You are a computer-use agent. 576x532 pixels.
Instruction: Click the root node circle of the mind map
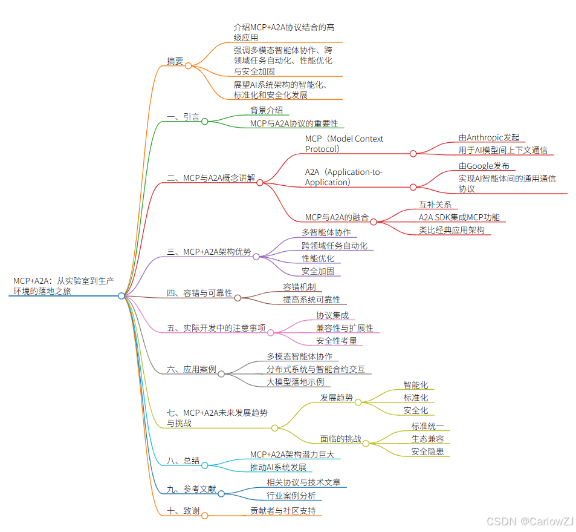(x=121, y=296)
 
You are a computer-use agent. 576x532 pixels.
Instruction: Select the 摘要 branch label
(x=175, y=61)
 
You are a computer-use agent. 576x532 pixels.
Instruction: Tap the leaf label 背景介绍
(x=267, y=110)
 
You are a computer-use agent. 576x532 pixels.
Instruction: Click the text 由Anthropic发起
(x=488, y=137)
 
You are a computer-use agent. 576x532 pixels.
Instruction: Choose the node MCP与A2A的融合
(x=337, y=217)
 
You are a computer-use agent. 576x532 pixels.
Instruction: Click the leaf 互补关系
(x=435, y=205)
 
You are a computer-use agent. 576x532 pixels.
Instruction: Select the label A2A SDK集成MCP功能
(x=459, y=217)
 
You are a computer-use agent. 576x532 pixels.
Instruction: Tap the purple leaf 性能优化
(x=318, y=258)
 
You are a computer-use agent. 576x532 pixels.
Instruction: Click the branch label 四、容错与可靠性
(x=199, y=293)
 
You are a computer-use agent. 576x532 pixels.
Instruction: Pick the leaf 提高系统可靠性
(x=311, y=299)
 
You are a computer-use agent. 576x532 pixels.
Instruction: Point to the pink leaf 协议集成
(x=332, y=315)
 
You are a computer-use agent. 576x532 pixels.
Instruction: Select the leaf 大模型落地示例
(x=296, y=382)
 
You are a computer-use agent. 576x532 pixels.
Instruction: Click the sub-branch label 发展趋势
(x=337, y=398)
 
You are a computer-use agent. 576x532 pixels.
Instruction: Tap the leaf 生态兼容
(x=427, y=439)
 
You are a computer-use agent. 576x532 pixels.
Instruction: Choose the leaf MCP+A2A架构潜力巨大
(x=292, y=454)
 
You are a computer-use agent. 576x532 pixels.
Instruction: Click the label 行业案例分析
(x=291, y=496)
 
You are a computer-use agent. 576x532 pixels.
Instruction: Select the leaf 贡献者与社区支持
(x=283, y=511)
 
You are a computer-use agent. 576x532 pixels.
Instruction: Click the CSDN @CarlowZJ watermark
(x=529, y=521)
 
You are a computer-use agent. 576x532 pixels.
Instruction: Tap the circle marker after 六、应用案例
(x=221, y=373)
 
